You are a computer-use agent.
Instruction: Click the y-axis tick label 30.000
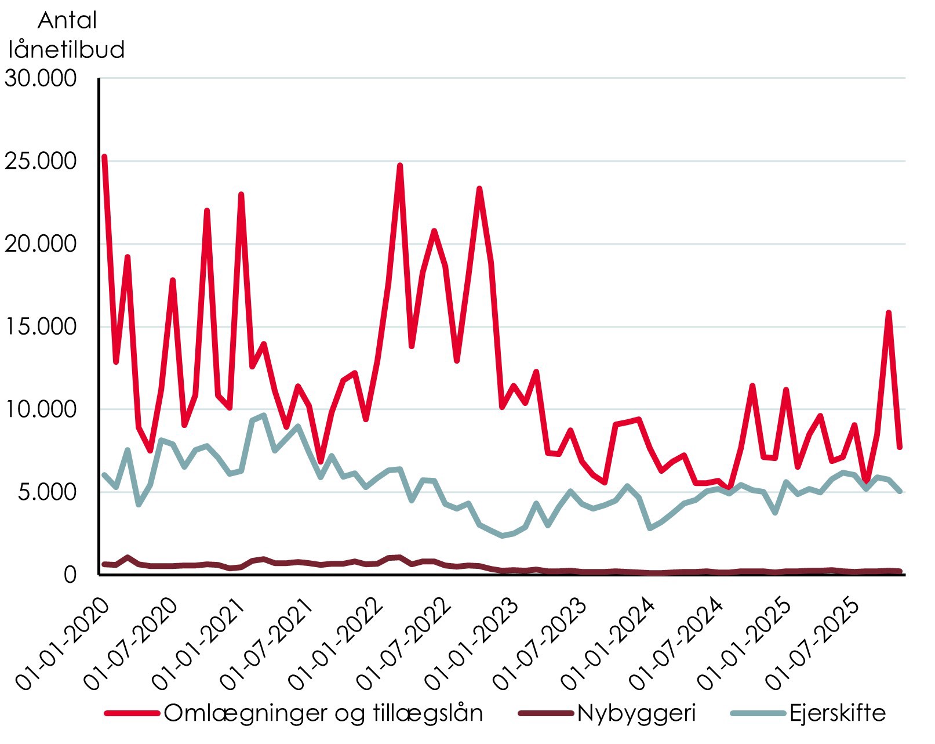click(41, 78)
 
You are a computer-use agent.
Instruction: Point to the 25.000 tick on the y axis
click(41, 161)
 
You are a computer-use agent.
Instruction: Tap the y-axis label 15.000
click(41, 327)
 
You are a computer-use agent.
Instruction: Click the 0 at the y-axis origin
click(70, 575)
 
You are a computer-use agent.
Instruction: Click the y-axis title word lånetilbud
click(67, 49)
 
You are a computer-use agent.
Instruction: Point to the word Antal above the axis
click(67, 21)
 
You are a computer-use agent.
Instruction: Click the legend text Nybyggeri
click(636, 713)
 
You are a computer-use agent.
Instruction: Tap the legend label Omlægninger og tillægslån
click(323, 713)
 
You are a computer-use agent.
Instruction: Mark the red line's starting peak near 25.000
click(104, 157)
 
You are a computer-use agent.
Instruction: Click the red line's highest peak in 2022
click(400, 166)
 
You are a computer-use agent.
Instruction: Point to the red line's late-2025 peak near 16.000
click(888, 313)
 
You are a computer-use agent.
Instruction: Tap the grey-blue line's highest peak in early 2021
click(264, 415)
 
